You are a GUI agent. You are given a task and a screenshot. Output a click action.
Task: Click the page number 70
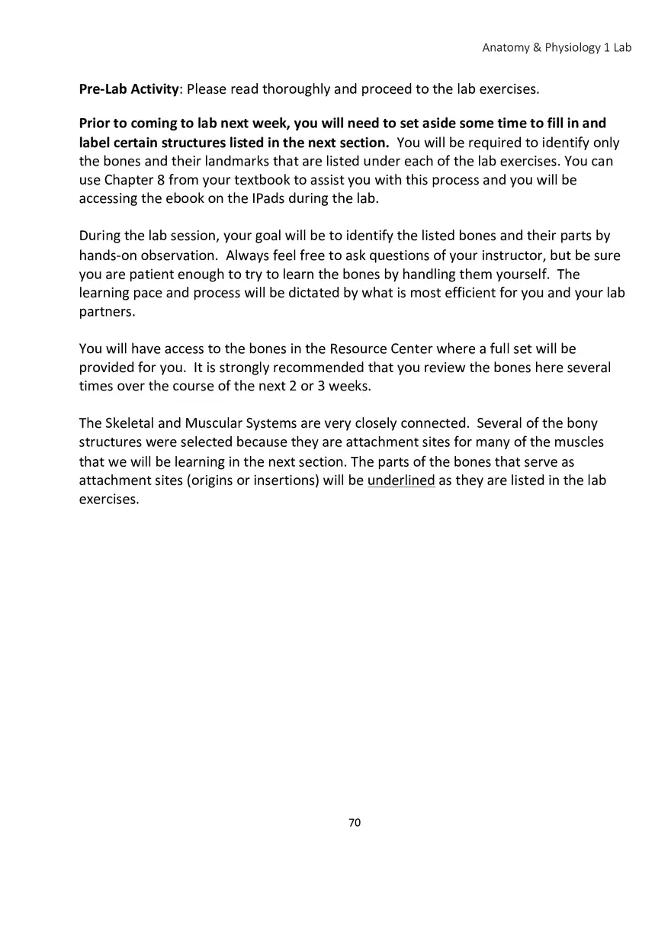coord(355,822)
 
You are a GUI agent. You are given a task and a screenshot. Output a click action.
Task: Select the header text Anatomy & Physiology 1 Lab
coord(557,47)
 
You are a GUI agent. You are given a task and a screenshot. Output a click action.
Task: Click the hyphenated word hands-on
coord(109,255)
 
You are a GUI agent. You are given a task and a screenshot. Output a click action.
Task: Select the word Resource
coord(358,349)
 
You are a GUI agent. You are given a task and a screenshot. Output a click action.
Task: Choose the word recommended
coord(319,368)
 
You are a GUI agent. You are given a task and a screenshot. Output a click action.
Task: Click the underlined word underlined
coord(401,480)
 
